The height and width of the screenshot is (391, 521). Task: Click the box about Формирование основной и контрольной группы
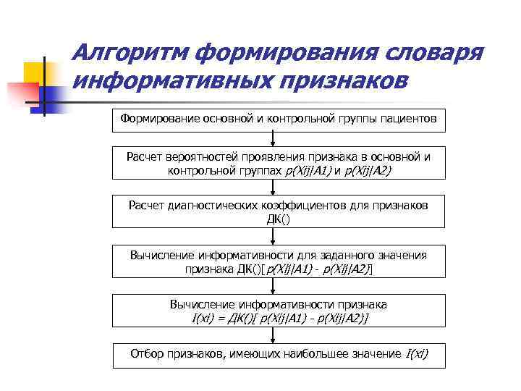click(279, 118)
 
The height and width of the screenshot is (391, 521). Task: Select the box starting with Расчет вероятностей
click(279, 163)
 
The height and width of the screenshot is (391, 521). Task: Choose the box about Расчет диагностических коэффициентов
click(279, 212)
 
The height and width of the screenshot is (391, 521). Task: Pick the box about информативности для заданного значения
click(279, 261)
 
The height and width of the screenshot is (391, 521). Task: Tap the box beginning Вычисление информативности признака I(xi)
click(279, 311)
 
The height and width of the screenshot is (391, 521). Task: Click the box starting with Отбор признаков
click(279, 354)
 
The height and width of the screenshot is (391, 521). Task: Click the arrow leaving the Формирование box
click(271, 139)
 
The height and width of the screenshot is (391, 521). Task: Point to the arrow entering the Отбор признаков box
click(271, 335)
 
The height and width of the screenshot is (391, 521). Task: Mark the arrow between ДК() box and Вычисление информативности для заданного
click(271, 237)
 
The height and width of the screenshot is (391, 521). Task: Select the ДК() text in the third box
click(279, 219)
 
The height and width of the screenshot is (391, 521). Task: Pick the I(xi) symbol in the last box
click(416, 354)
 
